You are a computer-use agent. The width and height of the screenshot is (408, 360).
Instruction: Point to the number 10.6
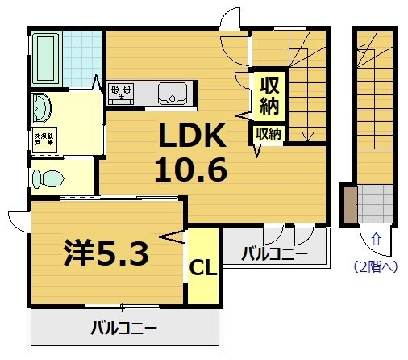point(194,170)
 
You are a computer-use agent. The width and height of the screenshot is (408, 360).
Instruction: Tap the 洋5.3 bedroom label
point(106,254)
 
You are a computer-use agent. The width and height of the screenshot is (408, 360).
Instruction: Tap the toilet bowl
point(50,177)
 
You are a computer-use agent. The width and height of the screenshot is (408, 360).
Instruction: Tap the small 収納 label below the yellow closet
point(268,133)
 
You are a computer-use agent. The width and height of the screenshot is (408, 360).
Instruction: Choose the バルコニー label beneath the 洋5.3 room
point(123,329)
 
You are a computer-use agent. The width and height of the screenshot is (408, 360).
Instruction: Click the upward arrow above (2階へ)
point(376,238)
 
